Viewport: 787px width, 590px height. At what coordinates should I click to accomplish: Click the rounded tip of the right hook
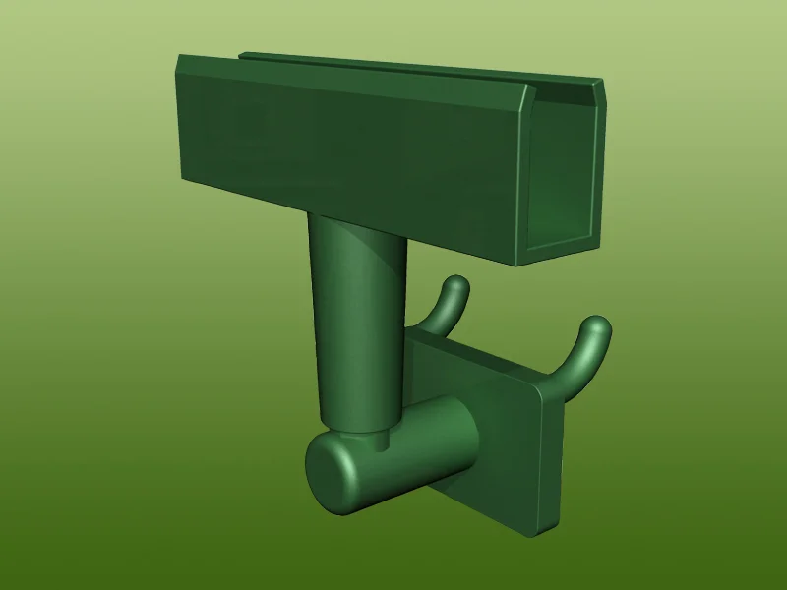pos(597,326)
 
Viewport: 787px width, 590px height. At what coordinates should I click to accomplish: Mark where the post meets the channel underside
pos(359,222)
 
